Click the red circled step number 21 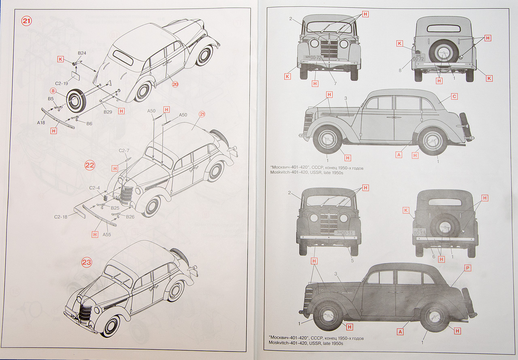[x=27, y=21]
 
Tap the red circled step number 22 [x=89, y=165]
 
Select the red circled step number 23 [x=87, y=262]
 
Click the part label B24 [x=82, y=53]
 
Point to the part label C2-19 [x=61, y=83]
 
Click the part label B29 [x=108, y=112]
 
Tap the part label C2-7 [x=124, y=151]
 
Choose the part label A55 [x=107, y=234]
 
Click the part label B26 [x=130, y=217]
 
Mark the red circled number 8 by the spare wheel [x=53, y=91]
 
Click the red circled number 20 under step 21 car [x=175, y=84]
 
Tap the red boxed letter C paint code [x=454, y=96]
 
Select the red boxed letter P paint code [x=467, y=268]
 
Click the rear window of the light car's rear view [x=443, y=29]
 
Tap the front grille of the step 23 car [x=85, y=313]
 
